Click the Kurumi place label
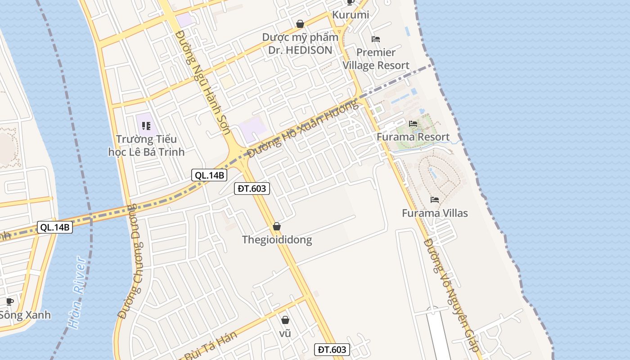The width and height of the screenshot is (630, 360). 351,15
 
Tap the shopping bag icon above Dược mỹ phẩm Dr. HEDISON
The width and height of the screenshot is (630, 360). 300,24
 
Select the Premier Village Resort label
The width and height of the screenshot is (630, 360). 376,59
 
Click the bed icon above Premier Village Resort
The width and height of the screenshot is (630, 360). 376,39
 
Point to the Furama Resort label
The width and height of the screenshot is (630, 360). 413,137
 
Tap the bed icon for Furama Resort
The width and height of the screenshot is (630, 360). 413,124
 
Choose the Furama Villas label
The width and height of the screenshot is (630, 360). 435,213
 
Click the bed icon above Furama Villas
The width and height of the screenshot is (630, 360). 435,200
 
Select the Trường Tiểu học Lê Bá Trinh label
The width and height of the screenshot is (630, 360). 146,145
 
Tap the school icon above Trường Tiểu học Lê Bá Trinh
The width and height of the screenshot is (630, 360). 146,126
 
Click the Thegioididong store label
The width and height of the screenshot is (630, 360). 277,239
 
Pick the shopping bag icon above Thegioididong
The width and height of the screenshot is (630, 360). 277,226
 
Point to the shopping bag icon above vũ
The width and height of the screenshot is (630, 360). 285,320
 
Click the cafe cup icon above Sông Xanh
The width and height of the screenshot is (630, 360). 10,301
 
